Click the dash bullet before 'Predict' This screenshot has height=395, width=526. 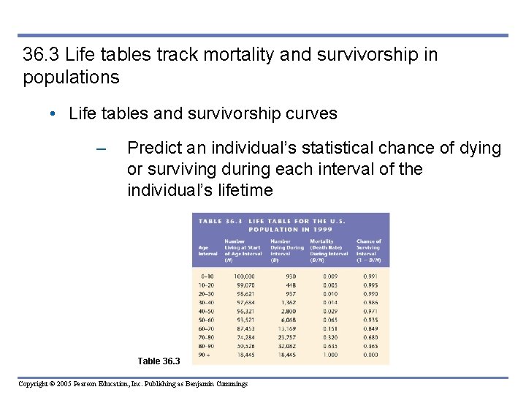pyautogui.click(x=102, y=149)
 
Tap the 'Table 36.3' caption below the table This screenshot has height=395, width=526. pyautogui.click(x=160, y=361)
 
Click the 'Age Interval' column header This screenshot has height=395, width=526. pyautogui.click(x=207, y=250)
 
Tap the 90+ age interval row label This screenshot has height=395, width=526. pyautogui.click(x=205, y=354)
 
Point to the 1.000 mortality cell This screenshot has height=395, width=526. pyautogui.click(x=330, y=354)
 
